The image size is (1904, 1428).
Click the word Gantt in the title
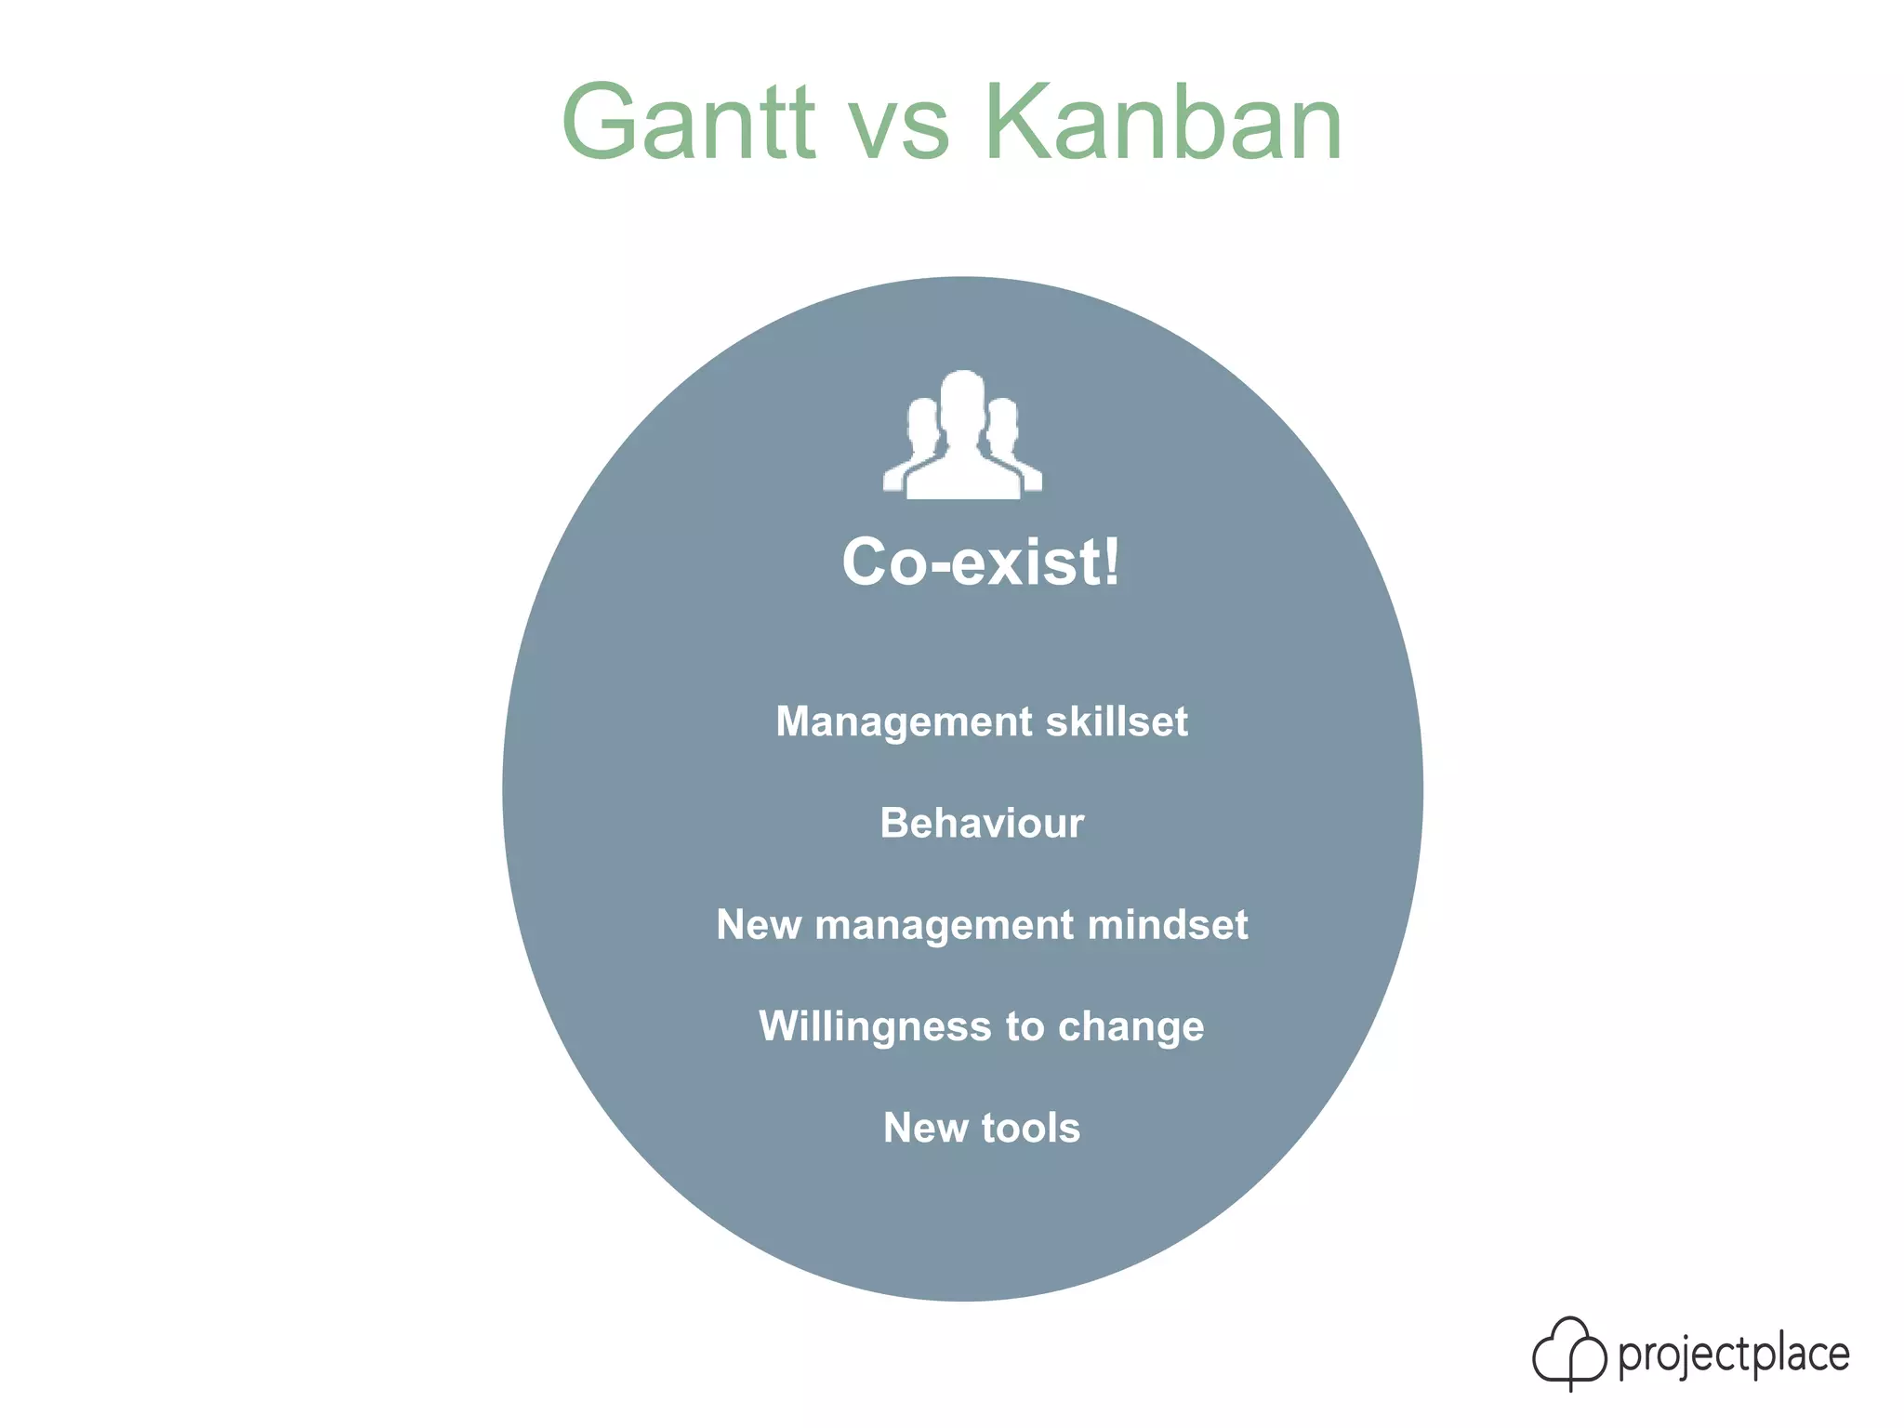point(688,124)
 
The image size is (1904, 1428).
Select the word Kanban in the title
point(1163,124)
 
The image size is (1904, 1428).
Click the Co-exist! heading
point(981,562)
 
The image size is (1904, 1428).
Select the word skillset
point(1117,722)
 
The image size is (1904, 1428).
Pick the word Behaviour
point(982,824)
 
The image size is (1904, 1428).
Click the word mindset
point(1168,925)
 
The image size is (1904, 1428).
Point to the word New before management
point(759,925)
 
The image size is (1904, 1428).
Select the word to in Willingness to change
point(1025,1027)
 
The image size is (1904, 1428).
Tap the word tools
point(1031,1129)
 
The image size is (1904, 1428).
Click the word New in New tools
point(926,1129)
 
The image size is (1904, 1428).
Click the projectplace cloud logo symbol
point(1569,1353)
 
